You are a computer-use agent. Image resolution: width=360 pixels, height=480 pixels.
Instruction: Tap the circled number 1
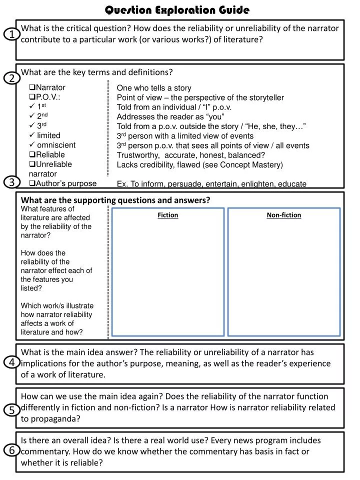(12, 34)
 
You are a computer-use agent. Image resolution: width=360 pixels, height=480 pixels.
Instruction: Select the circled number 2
(12, 78)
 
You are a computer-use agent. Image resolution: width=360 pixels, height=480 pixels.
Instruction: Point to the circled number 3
(12, 182)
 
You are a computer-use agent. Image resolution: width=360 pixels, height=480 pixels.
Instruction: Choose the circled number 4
(12, 362)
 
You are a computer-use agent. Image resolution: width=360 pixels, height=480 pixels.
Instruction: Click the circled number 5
(12, 410)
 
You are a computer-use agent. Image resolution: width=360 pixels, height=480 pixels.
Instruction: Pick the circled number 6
(12, 450)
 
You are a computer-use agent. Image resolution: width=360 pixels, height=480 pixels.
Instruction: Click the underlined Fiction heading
(168, 215)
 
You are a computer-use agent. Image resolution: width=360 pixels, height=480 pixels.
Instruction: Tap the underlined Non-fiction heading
(283, 215)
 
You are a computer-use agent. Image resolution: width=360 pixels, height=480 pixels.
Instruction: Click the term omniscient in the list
(56, 145)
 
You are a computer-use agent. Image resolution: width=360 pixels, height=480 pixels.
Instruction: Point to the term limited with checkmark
(48, 135)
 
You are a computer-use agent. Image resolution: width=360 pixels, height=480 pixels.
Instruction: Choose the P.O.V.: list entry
(48, 97)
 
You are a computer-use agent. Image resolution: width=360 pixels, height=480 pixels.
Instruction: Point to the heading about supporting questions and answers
(115, 200)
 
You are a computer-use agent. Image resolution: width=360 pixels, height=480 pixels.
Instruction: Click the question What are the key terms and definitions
(96, 72)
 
